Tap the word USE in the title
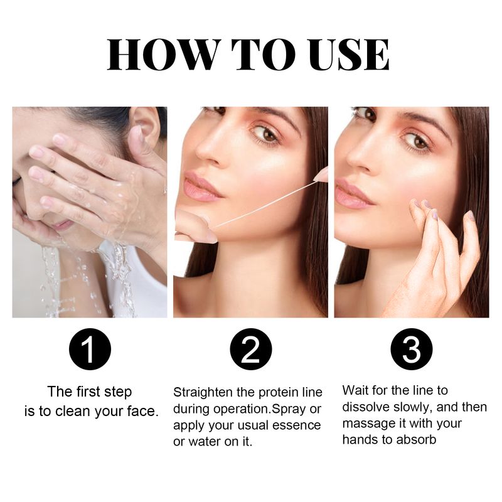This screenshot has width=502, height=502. tap(343, 55)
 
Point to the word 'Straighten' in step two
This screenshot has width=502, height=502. tap(201, 392)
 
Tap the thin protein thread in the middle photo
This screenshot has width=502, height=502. tap(264, 204)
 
